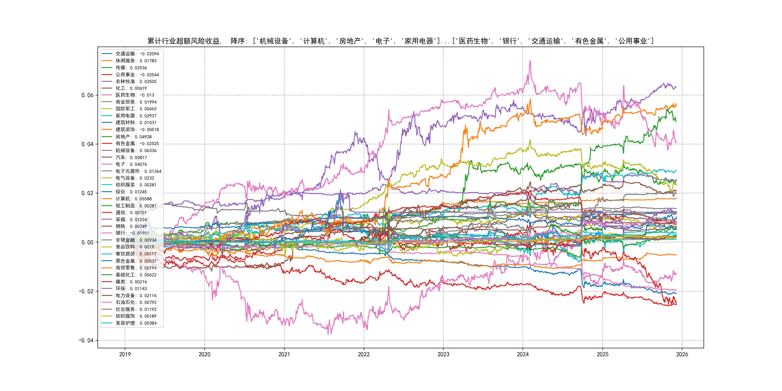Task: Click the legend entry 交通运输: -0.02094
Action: (137, 54)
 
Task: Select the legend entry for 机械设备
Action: (136, 151)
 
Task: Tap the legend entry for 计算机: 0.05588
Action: (133, 199)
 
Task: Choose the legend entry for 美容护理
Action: (136, 323)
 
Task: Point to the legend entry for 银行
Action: (132, 233)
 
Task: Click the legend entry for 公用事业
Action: (137, 75)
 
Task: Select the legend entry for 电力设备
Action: (136, 296)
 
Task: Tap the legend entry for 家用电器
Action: (136, 116)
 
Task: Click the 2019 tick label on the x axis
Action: (125, 354)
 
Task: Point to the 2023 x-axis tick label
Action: (443, 354)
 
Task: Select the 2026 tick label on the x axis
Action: (682, 354)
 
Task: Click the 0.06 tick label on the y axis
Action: (87, 95)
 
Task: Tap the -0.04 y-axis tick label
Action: (86, 340)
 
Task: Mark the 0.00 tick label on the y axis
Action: (87, 242)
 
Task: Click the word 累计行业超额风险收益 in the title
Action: (184, 41)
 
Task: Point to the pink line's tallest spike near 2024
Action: (530, 61)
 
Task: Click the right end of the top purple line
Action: (676, 87)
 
